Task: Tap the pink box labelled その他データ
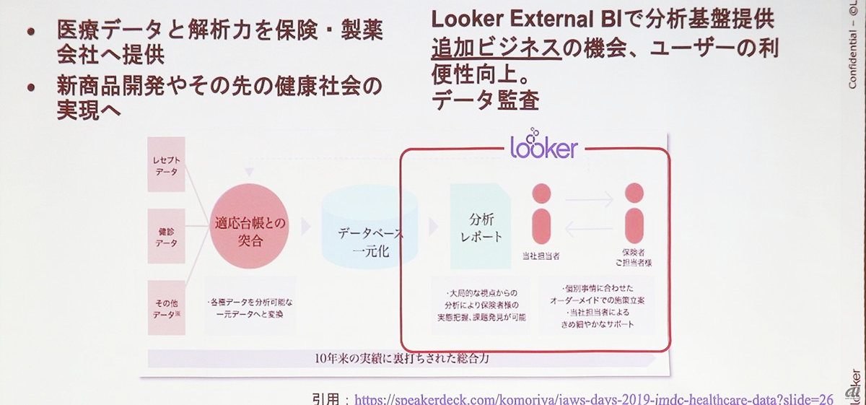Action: click(166, 307)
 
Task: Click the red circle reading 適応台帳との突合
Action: click(249, 226)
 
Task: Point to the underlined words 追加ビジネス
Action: click(496, 48)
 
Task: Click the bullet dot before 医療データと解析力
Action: click(30, 32)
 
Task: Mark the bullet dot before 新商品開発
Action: click(30, 87)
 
